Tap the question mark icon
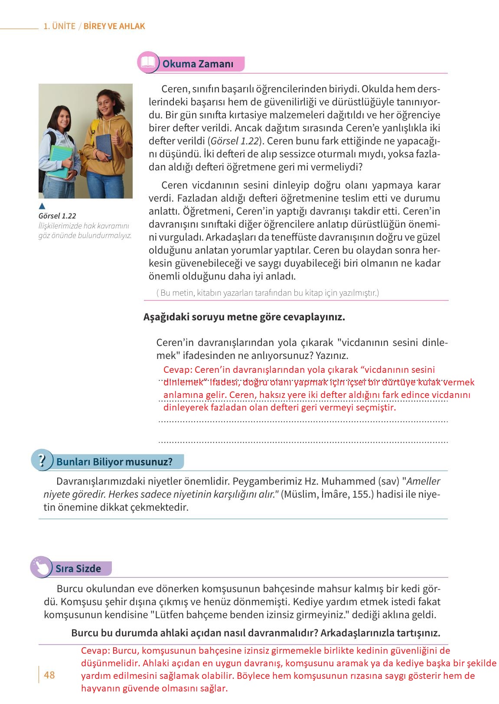point(42,460)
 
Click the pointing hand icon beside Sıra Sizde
point(41,567)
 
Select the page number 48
point(49,675)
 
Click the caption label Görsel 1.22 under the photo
point(57,216)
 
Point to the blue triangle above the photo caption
point(42,206)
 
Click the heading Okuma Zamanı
point(198,64)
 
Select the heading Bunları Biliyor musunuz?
point(114,462)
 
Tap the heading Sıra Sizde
point(78,568)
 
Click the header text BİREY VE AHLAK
point(114,26)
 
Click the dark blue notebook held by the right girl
point(103,146)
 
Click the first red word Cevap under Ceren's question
point(177,370)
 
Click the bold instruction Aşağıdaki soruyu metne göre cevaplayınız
point(244,317)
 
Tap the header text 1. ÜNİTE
point(59,26)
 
